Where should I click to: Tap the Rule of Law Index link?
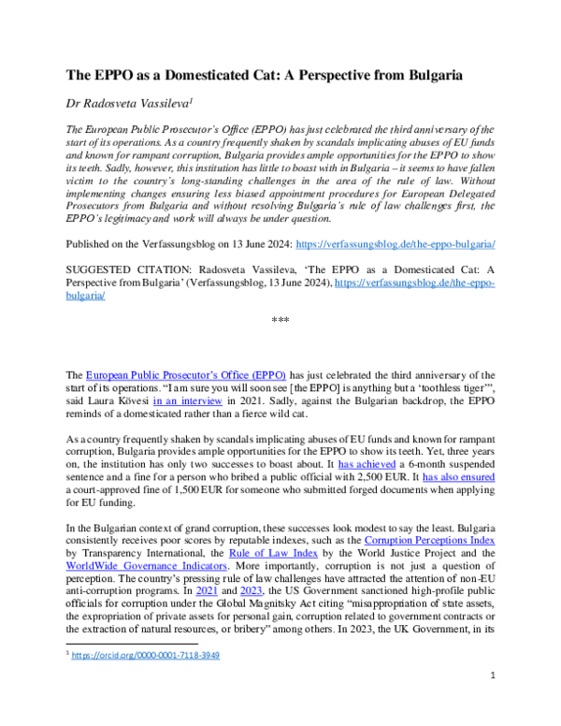coord(255,557)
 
